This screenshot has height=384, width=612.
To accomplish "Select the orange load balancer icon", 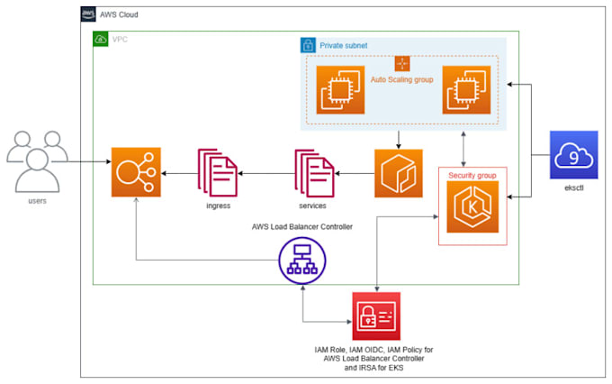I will point(134,172).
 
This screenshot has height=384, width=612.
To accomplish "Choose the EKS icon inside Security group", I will point(472,204).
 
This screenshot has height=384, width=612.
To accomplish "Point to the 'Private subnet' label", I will point(345,44).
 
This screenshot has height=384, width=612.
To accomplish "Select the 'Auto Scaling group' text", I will point(402,80).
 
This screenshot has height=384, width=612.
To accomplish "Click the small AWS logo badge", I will point(88,14).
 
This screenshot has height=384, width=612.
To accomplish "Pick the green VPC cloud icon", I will point(100,40).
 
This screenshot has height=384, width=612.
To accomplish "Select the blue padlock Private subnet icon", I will point(307,44).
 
